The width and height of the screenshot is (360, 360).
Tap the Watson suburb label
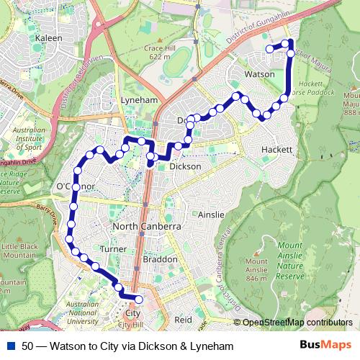tap(260, 74)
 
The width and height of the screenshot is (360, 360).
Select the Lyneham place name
tap(139, 100)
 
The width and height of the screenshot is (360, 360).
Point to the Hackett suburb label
tap(277, 150)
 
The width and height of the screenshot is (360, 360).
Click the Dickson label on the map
tap(185, 166)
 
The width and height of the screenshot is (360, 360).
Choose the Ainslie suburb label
tap(212, 215)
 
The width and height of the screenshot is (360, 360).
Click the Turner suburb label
tap(114, 248)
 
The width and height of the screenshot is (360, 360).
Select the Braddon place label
tap(160, 258)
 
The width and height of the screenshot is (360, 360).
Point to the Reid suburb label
tap(184, 319)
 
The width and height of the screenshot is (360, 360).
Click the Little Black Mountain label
tap(19, 251)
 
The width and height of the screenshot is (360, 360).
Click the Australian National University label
tap(82, 314)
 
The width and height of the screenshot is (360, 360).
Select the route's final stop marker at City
tap(139, 300)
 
